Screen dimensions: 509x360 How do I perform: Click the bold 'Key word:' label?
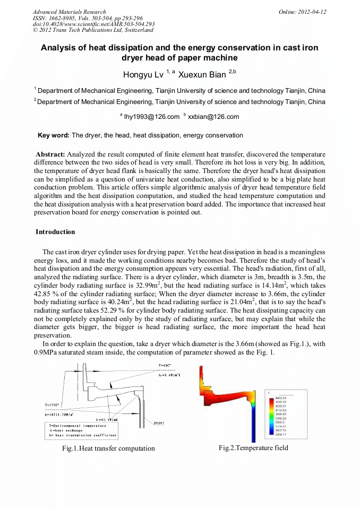tap(54, 135)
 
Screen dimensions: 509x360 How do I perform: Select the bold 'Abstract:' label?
tap(50, 154)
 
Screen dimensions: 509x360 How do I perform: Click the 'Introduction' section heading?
tap(55, 232)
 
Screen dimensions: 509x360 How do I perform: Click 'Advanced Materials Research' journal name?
tap(69, 12)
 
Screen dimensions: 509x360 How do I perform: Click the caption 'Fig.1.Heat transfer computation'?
tap(108, 448)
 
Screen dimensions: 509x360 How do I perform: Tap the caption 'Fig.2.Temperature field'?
tap(253, 447)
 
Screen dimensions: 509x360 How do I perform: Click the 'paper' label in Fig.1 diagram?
tap(159, 422)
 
